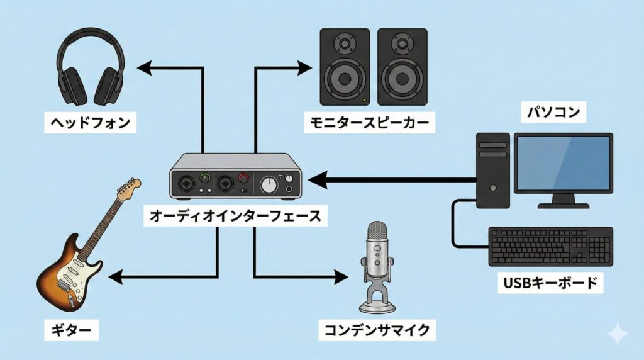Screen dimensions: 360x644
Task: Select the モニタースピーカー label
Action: tap(369, 121)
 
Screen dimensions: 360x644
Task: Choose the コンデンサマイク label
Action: tap(377, 329)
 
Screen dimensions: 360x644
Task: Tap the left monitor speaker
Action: tap(345, 67)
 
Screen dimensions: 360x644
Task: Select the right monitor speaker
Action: tap(402, 67)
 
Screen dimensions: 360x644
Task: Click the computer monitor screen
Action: tap(563, 163)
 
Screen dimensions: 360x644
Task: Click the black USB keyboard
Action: tap(550, 247)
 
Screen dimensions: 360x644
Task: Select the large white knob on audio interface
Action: tap(269, 185)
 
